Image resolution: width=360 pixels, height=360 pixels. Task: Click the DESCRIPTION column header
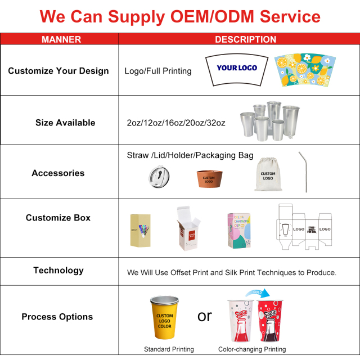click(x=245, y=39)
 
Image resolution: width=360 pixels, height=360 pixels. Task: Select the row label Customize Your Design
click(x=58, y=71)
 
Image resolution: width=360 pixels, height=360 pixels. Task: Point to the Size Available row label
click(x=65, y=123)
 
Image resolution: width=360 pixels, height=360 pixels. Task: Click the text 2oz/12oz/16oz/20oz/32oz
click(x=176, y=123)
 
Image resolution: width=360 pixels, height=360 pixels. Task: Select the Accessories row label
click(x=58, y=173)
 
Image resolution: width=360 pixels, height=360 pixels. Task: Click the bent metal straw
click(x=304, y=171)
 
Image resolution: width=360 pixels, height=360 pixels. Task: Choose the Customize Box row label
click(x=58, y=218)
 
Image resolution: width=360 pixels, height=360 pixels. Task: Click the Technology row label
click(x=58, y=271)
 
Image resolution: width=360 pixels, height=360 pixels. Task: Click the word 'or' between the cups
click(x=205, y=316)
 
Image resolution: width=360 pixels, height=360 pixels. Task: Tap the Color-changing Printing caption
click(x=252, y=349)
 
